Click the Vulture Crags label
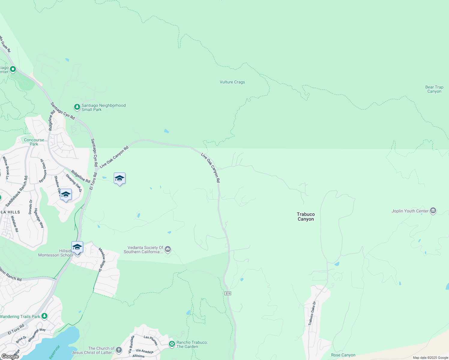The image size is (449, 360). [x=232, y=82]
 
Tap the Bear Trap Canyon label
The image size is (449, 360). [x=434, y=89]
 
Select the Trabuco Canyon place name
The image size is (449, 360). [x=306, y=217]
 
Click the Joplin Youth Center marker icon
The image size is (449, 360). [x=433, y=211]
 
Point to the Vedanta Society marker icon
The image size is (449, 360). [x=168, y=249]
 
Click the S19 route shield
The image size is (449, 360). [x=228, y=293]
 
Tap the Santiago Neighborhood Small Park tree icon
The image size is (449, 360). [x=77, y=107]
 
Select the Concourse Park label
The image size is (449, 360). [x=34, y=142]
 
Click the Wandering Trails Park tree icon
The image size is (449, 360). [x=44, y=316]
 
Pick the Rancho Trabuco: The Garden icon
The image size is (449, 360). [x=172, y=344]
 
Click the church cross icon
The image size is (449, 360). [x=119, y=350]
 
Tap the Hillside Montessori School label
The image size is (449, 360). [x=55, y=253]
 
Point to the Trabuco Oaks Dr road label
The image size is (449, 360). [x=312, y=313]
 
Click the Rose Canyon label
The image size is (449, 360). [x=343, y=355]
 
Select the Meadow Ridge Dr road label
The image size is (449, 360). [x=102, y=260]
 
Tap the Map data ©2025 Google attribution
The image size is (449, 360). [x=430, y=358]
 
